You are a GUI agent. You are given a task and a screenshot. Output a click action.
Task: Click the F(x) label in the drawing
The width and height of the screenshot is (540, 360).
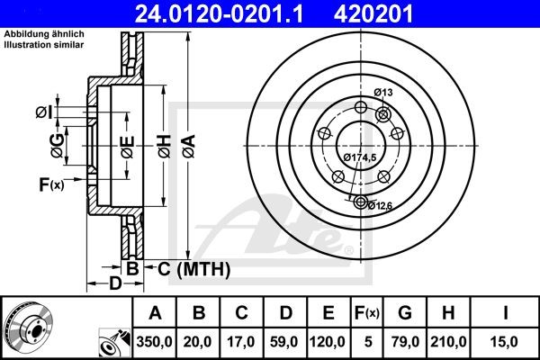[x=50, y=185]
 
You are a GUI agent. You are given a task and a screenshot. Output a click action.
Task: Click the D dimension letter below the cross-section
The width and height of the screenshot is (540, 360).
[x=115, y=285]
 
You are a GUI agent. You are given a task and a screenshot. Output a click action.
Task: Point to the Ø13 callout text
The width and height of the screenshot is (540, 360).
[x=384, y=93]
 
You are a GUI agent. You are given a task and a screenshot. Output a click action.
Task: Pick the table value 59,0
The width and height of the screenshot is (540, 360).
[x=285, y=342]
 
